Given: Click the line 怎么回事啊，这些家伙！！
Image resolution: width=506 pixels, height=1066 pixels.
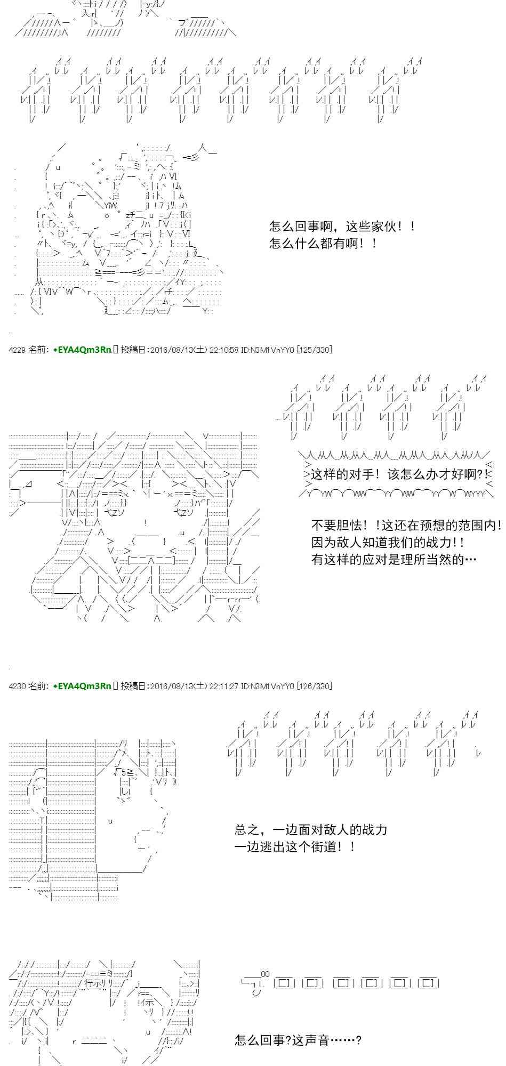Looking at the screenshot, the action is click(342, 227).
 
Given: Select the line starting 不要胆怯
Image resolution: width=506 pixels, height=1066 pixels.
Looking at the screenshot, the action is click(406, 525).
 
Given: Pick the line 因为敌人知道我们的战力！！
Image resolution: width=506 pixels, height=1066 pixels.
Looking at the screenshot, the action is click(388, 543).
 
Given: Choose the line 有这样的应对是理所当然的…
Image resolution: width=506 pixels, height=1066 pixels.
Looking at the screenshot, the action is click(393, 560).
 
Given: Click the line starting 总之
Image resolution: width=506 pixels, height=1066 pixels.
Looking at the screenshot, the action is click(311, 829).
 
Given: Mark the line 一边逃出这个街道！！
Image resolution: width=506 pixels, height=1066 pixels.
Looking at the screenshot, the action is click(295, 846).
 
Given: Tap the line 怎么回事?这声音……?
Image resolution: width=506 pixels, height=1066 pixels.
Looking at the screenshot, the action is click(298, 1040).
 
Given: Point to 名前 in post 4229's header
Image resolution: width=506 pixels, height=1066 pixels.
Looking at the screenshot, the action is click(38, 350).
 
